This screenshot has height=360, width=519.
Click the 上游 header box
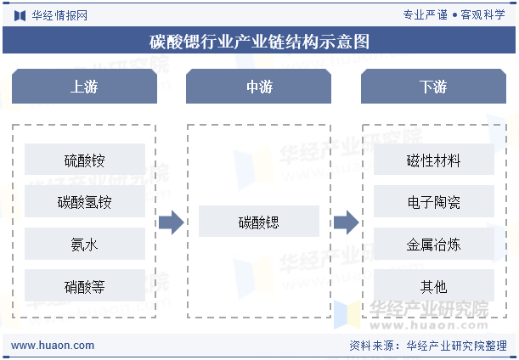coord(84,86)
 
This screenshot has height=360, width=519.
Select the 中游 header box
coord(258,86)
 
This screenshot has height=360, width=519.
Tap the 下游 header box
coord(433,86)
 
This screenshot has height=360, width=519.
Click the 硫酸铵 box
coord(85,159)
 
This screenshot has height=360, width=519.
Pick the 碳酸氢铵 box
coord(85,201)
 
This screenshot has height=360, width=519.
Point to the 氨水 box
coord(85,244)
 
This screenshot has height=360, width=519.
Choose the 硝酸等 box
coord(85,285)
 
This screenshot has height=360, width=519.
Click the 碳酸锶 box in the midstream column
coord(259,221)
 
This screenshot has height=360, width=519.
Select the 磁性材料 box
coord(434,159)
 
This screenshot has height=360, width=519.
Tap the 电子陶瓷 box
coord(434,201)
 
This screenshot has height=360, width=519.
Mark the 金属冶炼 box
coord(434,244)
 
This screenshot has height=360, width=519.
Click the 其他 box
coord(434,285)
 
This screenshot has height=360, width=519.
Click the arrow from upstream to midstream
coord(172,222)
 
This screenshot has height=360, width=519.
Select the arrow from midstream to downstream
coord(347,222)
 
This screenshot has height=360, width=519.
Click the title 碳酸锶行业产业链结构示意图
coord(259,42)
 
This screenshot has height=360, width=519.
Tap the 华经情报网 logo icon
coord(20,15)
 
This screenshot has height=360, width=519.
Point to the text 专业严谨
coord(425,14)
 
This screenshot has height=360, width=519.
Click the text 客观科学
coord(482,14)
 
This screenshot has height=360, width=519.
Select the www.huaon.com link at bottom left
coord(53,345)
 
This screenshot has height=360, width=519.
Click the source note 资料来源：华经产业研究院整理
coord(428,346)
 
